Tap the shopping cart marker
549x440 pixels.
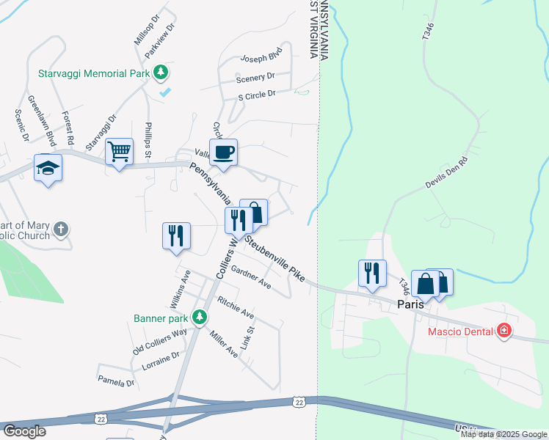119,152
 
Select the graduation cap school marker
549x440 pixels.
48,168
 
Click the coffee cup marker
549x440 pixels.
223,153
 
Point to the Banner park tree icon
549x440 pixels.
198,318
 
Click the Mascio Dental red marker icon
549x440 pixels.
503,331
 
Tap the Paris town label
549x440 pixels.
412,303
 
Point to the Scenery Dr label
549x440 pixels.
255,76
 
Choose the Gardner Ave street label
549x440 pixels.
250,277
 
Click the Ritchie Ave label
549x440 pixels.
236,307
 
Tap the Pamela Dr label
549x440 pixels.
116,381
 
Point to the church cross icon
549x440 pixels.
61,230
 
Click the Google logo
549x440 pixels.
25,431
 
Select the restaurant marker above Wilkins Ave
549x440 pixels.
176,235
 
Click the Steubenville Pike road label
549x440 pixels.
276,257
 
